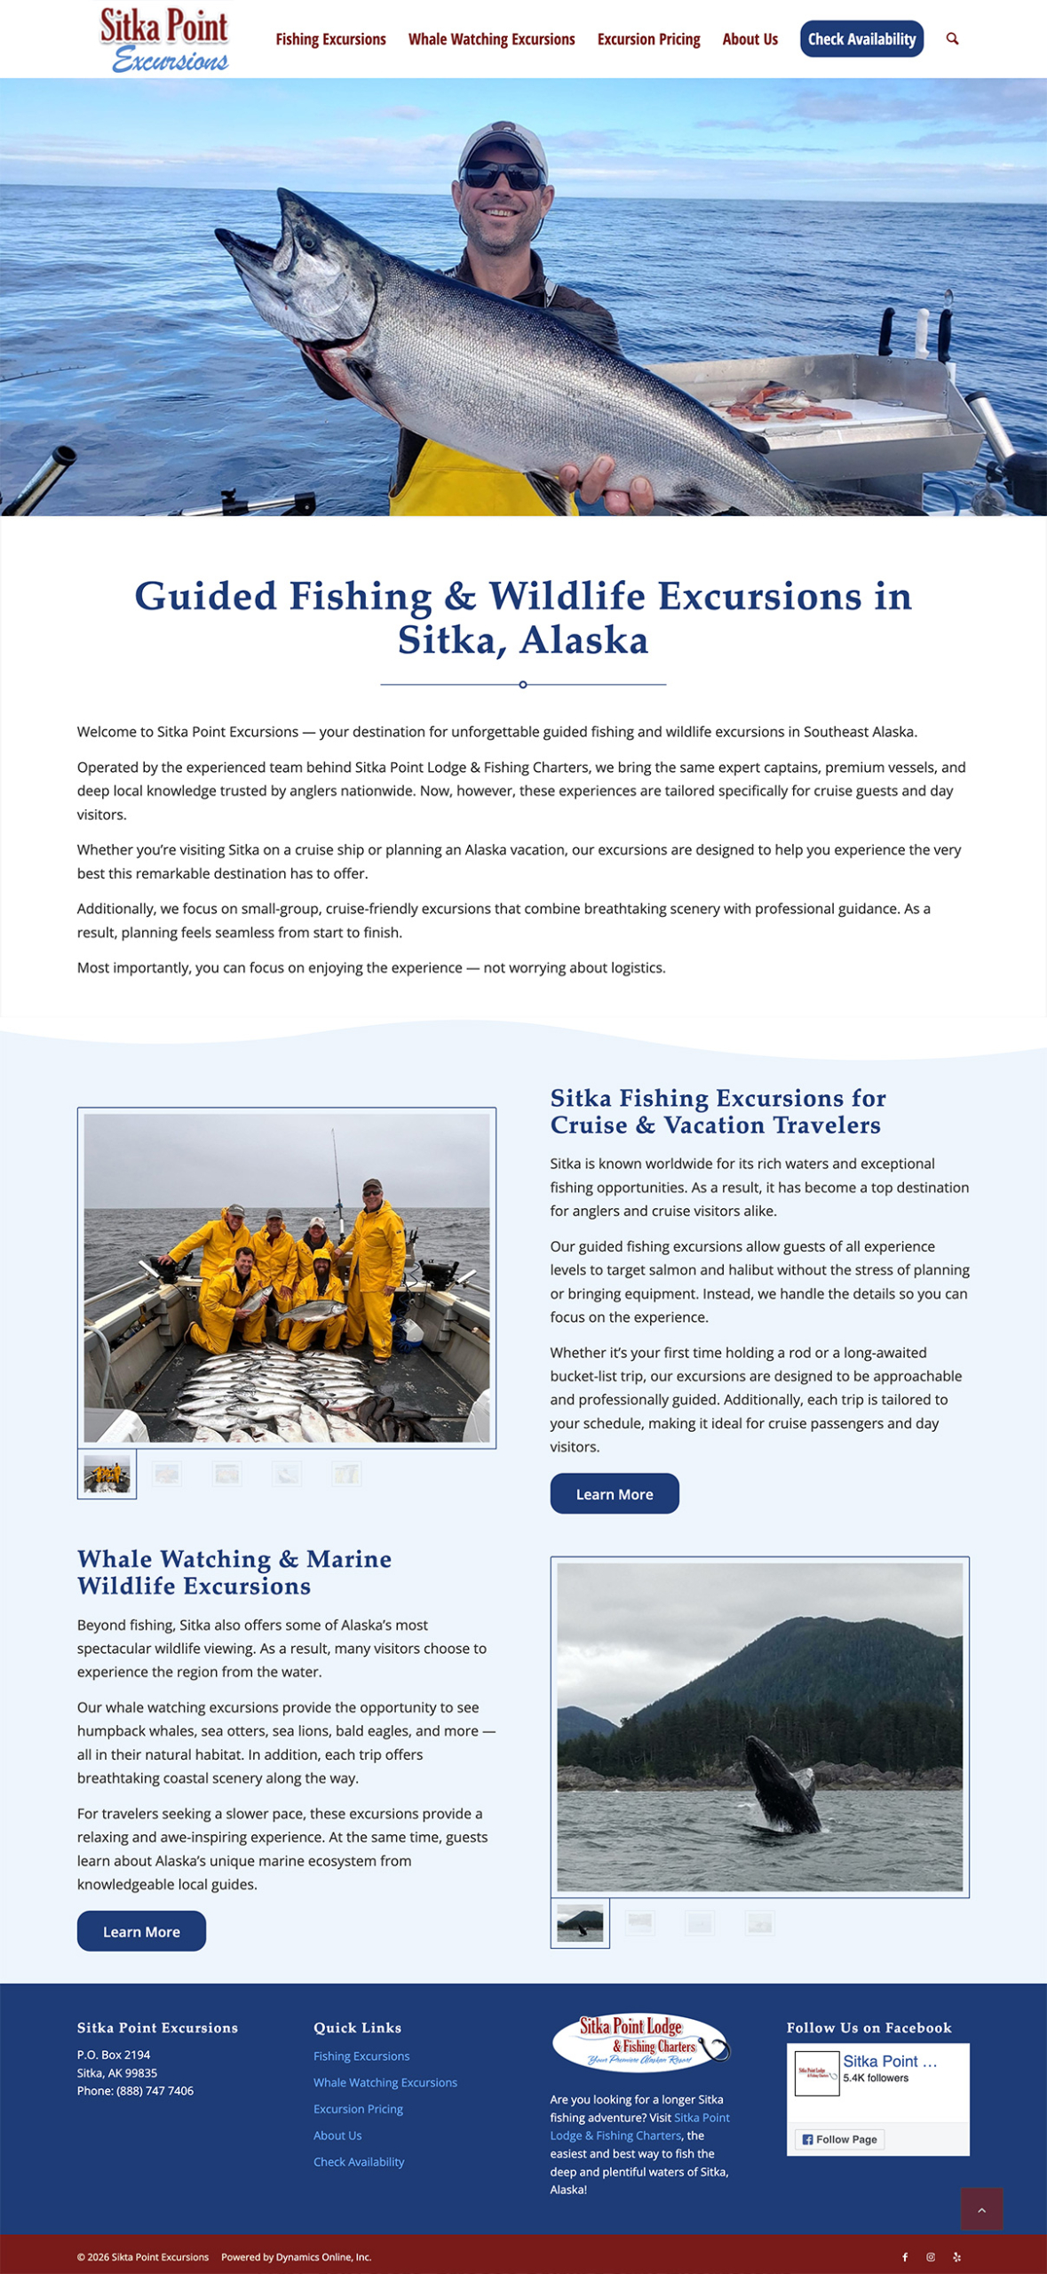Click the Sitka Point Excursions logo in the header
click(x=164, y=39)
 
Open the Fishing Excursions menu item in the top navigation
click(x=330, y=39)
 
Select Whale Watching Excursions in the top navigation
click(x=491, y=39)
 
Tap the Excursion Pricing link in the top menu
click(x=648, y=39)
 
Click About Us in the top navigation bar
click(x=750, y=39)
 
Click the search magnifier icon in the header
click(x=952, y=39)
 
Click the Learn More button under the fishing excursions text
click(x=614, y=1493)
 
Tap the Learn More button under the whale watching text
click(x=141, y=1931)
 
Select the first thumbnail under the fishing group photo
click(x=107, y=1474)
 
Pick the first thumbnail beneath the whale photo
click(x=580, y=1923)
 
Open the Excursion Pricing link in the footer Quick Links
click(x=358, y=2109)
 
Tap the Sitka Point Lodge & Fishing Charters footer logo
click(x=640, y=2041)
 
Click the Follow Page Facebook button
click(x=839, y=2139)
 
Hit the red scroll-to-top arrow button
click(x=981, y=2209)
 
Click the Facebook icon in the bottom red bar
click(x=905, y=2256)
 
